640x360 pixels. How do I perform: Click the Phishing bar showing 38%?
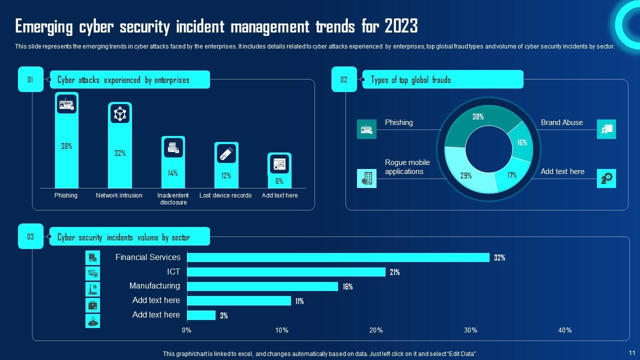(66, 150)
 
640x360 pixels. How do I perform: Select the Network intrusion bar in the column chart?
(119, 155)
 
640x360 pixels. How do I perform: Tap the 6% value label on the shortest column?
(279, 181)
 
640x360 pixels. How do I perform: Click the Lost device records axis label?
(225, 195)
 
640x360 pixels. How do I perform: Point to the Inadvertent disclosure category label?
(173, 198)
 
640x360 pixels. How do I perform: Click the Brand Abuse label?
(561, 122)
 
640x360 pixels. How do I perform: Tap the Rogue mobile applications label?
(407, 167)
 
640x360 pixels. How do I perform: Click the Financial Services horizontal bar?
(338, 257)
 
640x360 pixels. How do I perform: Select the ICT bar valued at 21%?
(286, 272)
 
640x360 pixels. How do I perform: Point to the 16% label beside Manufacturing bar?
(347, 287)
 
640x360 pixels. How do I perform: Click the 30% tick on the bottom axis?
(470, 330)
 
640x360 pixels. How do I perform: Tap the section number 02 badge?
(344, 79)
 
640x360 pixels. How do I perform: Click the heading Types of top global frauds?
(411, 80)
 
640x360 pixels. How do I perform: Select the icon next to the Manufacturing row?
(92, 289)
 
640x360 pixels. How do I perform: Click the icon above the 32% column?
(119, 114)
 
